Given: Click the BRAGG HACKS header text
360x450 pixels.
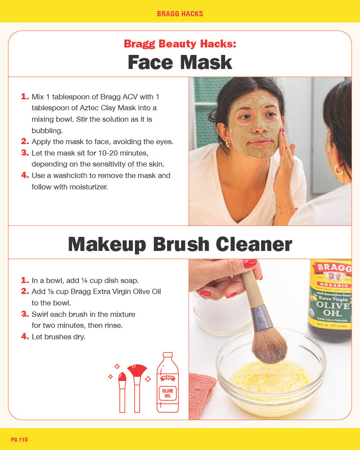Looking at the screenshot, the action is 180,14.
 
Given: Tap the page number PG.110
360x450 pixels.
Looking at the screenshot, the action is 19,439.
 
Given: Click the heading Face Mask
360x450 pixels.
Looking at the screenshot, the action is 180,62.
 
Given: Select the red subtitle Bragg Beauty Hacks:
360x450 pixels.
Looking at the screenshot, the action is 180,44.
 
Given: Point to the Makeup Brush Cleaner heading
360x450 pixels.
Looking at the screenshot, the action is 180,244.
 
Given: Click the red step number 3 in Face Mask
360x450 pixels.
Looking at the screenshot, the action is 25,152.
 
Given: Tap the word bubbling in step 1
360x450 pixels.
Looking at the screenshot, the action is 47,131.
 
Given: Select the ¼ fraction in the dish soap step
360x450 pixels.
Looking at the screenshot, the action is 84,280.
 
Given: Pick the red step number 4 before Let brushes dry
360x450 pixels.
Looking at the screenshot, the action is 25,336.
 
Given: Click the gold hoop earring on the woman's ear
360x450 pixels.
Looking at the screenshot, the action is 228,144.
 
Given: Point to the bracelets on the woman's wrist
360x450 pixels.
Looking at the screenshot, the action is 285,208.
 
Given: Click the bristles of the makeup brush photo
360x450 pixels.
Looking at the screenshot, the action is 269,345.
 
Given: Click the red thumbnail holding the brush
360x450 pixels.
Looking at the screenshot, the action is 250,263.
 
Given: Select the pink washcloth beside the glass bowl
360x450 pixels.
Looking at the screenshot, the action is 202,393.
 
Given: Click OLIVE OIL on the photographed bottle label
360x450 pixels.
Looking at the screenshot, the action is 333,309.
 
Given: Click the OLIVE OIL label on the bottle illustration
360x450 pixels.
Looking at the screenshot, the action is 167,393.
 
